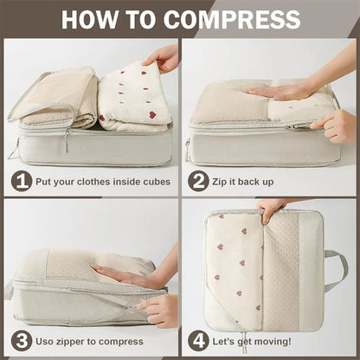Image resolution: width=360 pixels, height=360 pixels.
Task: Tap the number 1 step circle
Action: [22, 182]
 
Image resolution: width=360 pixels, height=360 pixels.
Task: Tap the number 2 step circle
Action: [200, 182]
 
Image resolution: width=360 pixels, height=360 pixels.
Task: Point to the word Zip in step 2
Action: [225, 183]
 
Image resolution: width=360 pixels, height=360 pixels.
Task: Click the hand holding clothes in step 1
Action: [163, 59]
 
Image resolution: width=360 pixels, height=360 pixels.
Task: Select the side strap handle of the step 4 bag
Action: [336, 268]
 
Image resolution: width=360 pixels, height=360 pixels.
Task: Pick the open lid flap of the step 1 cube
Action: [52, 95]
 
